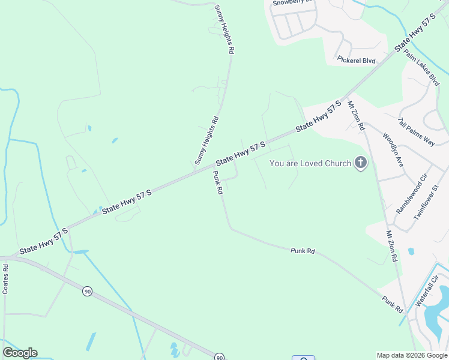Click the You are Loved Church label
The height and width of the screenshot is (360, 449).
pos(310,163)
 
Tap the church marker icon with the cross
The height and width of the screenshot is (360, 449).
pos(360,163)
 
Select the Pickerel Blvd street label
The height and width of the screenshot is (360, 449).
pos(356,60)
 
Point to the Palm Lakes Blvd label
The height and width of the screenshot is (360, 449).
pos(422,68)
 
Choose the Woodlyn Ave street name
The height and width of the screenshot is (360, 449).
pos(393,149)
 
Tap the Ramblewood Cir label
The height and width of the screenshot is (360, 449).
pos(411,194)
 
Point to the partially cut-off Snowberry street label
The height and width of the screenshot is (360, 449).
pos(292,2)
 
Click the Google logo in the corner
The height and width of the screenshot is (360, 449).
pos(20,353)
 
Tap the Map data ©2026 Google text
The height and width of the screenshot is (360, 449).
pos(412,355)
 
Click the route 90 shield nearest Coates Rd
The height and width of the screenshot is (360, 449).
pos(87,291)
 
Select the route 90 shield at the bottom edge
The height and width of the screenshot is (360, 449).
pos(220,357)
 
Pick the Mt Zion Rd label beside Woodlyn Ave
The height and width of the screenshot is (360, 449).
pos(356,115)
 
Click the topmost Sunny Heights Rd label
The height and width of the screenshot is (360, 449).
pos(223,29)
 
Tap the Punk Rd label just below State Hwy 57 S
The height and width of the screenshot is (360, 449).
pos(218,182)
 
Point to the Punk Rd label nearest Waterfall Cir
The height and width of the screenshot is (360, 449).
pos(392,304)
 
